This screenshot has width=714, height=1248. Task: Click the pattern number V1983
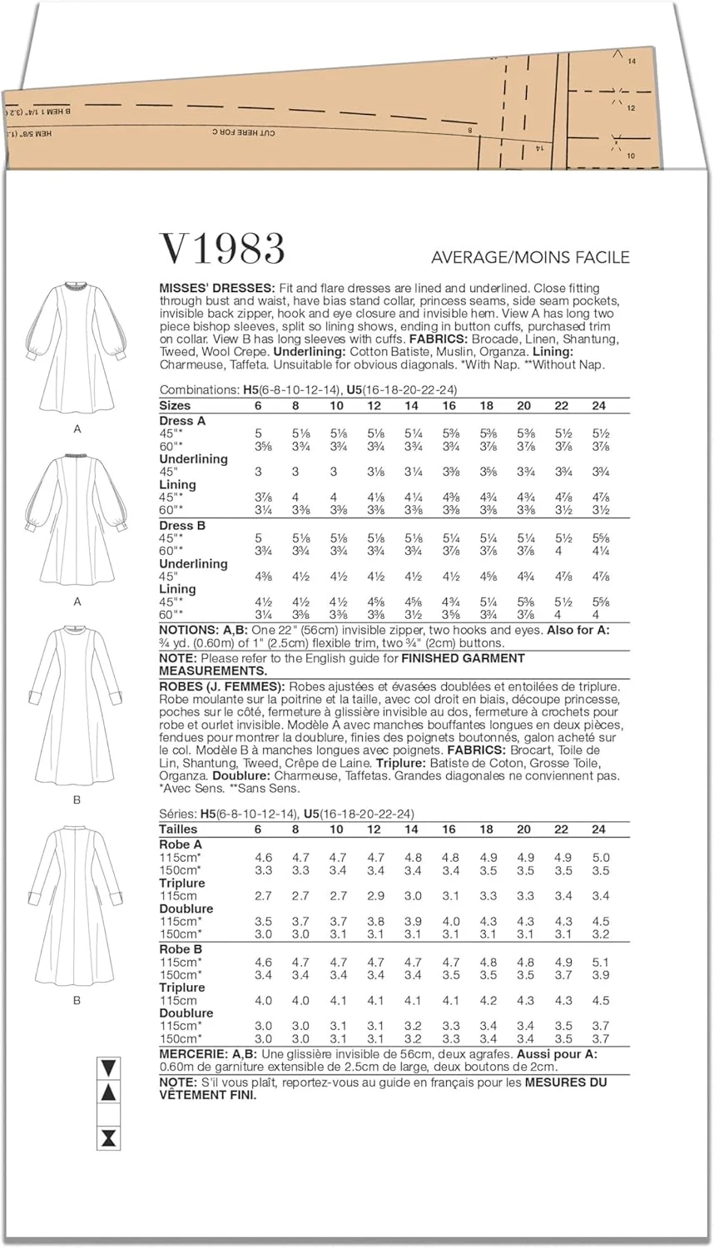tap(222, 248)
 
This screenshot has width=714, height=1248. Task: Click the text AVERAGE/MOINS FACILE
tap(530, 257)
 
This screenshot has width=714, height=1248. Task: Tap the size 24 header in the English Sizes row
tap(599, 406)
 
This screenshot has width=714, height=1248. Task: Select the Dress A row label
tap(182, 421)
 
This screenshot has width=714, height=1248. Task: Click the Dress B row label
tap(182, 526)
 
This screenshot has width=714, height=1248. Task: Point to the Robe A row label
tap(181, 844)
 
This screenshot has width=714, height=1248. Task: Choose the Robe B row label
tap(181, 949)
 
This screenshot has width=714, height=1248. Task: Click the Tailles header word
tap(178, 830)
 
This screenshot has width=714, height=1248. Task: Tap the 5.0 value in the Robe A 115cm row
tap(601, 858)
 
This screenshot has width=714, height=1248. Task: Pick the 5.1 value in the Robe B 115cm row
tap(601, 963)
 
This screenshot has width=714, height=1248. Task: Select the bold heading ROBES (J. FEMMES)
tap(222, 686)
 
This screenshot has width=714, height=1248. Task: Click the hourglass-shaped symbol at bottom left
tap(108, 1139)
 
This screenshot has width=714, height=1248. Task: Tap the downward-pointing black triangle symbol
tap(108, 1067)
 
